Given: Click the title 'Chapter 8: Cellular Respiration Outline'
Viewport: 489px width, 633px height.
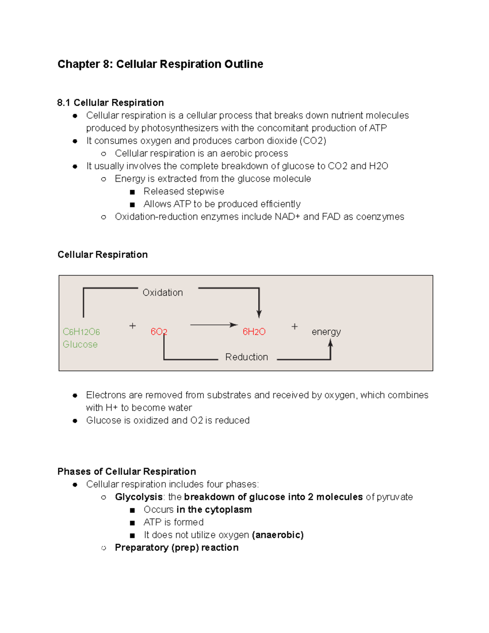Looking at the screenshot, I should [160, 64].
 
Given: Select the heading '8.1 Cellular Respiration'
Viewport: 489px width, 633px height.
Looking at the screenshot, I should [110, 103].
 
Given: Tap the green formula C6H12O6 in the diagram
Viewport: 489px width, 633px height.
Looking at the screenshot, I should [81, 332].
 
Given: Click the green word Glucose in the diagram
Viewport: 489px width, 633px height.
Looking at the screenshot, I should [80, 344].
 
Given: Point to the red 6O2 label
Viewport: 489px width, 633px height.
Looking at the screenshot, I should [159, 332].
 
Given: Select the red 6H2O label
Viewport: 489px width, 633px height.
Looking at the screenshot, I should [254, 332].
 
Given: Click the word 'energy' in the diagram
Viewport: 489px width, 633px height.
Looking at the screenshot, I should [326, 332].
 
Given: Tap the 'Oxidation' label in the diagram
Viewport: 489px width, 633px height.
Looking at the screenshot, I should [163, 293].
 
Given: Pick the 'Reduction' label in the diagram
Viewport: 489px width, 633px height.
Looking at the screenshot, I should [247, 357].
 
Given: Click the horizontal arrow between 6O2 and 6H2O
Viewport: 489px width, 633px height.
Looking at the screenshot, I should [214, 325].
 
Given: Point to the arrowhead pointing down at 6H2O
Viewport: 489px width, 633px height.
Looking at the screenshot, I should [259, 314].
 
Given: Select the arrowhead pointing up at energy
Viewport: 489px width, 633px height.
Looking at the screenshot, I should [330, 343].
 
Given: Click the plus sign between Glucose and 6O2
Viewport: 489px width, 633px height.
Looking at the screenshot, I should [132, 326].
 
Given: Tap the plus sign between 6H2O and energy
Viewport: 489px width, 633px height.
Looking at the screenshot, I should [295, 326].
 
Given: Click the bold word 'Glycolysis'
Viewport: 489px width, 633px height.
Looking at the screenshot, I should [139, 497].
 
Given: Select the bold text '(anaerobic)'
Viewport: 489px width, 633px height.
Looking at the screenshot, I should [278, 535].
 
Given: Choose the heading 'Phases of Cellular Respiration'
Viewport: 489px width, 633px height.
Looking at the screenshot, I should [127, 472].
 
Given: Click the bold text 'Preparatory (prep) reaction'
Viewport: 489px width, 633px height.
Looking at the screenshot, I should [176, 547].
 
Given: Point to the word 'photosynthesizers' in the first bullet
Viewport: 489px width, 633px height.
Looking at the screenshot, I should [180, 128].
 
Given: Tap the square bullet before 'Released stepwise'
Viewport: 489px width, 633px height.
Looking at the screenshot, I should [132, 192].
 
